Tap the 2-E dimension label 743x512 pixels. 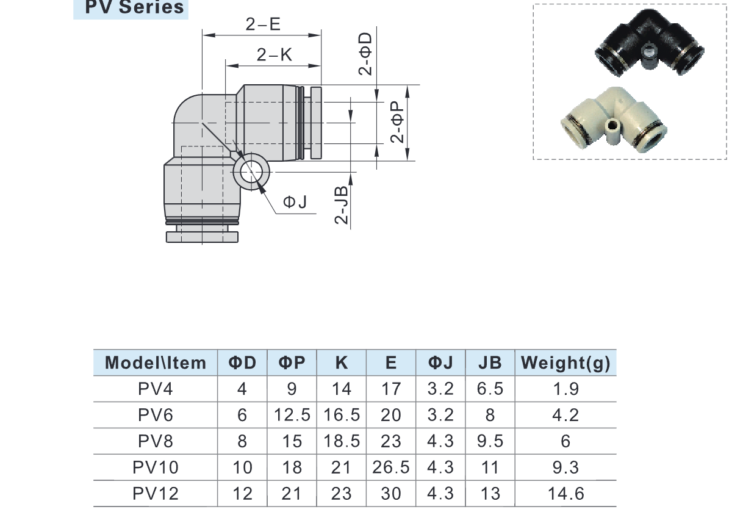pos(263,24)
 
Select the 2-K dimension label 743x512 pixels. pos(275,55)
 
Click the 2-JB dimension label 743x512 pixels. pos(342,204)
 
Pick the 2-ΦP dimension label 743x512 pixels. pos(398,122)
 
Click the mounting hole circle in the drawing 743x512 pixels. pos(251,172)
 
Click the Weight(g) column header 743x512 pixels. pos(565,363)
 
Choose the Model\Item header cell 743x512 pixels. pos(156,363)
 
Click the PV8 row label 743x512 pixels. pos(156,441)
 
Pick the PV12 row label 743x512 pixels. pos(156,493)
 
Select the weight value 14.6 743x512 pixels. pos(565,493)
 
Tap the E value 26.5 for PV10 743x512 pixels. pos(391,467)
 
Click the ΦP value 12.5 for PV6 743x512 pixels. pos(292,416)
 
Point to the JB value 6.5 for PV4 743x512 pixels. pos(490,389)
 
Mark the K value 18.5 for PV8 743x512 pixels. pos(342,441)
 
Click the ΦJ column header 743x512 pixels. pos(440,363)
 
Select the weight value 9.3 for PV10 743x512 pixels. pos(565,467)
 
